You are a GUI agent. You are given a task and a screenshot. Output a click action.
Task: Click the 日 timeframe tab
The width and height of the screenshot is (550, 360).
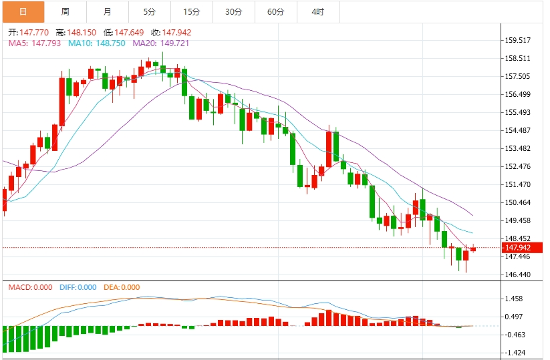point(23,12)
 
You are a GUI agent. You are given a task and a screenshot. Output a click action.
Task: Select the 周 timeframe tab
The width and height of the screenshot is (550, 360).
point(65,12)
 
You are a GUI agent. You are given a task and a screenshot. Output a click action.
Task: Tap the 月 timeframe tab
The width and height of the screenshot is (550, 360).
point(108,12)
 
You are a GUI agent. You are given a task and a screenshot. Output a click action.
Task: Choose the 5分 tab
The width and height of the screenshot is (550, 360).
point(149,12)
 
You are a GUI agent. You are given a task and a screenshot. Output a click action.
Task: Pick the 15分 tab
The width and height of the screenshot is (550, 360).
point(191,12)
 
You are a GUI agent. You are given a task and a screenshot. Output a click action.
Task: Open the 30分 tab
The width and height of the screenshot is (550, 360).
point(233,12)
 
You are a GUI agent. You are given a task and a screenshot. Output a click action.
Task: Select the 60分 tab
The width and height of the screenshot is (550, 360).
point(275,12)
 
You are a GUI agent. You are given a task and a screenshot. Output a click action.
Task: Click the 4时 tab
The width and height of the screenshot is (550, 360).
point(317,12)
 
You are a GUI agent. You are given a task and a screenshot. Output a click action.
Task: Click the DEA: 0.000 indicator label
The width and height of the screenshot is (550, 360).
point(122,287)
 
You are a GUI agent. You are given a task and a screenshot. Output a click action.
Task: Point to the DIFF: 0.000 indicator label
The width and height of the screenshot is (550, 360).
point(79,287)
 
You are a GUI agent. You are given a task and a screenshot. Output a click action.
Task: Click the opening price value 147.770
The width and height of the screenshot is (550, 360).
point(34,32)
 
